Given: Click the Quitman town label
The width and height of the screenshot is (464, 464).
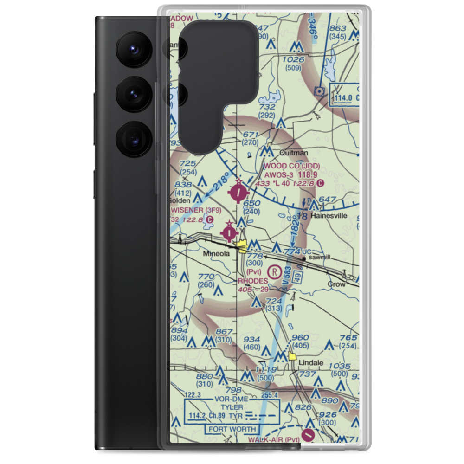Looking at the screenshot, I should click(293, 152).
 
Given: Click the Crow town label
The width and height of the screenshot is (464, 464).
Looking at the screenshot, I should click(336, 284).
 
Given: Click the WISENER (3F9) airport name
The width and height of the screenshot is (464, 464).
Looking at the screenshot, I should click(196, 210).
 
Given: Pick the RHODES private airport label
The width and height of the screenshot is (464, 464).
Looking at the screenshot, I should click(253, 281).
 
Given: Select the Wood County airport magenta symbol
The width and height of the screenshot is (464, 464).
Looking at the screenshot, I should click(239, 192).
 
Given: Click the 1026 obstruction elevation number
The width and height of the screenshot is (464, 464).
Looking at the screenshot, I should click(293, 59).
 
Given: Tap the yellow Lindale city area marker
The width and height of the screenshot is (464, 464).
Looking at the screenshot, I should click(293, 356).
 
